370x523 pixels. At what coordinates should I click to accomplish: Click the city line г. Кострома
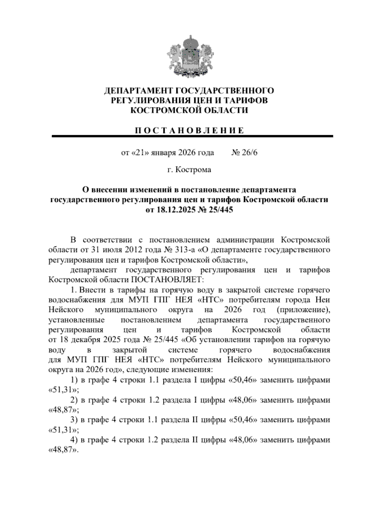tap(189, 170)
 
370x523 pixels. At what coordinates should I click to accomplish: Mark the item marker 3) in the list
tap(74, 420)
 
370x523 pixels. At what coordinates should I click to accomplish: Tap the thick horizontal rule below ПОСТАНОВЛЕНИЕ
tap(192, 136)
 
